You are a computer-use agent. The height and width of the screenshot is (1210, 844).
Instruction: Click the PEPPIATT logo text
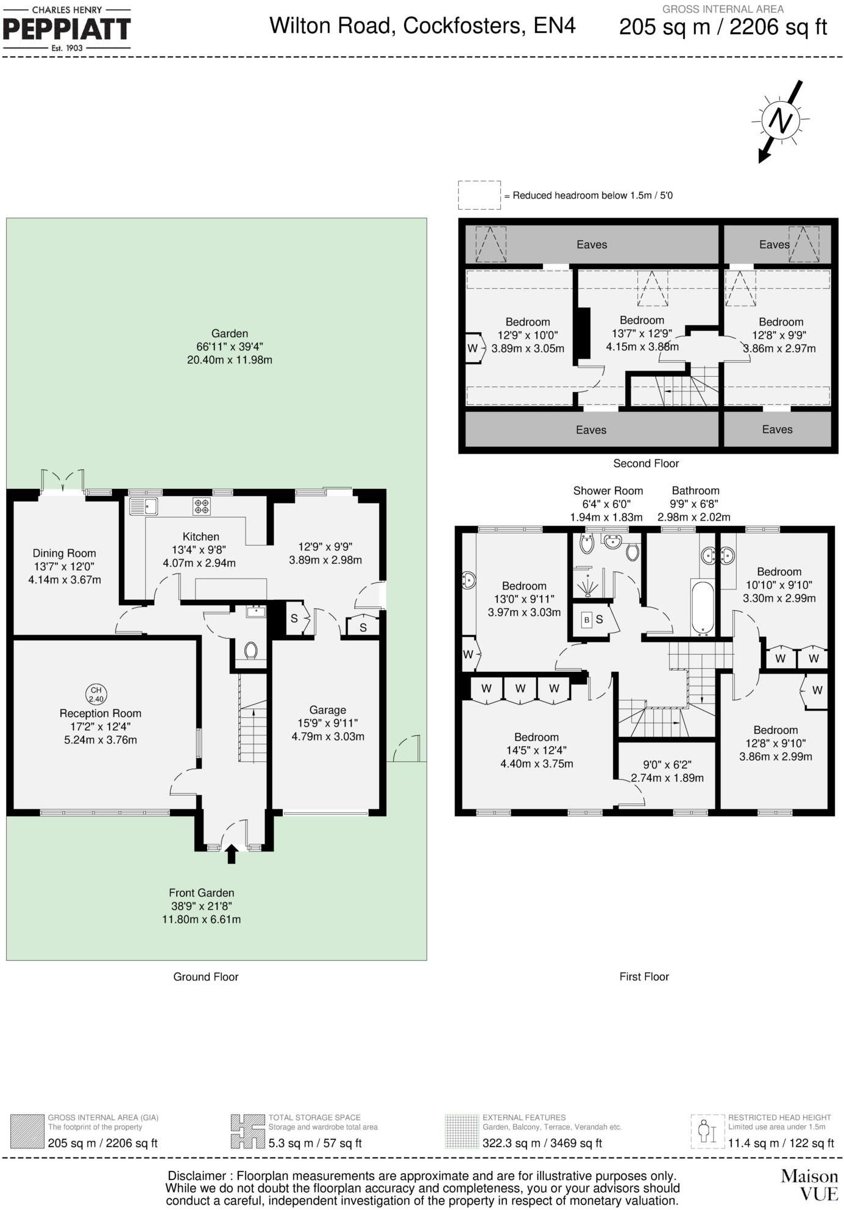click(x=66, y=29)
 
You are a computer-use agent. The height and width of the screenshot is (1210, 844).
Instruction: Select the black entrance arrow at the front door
click(x=231, y=853)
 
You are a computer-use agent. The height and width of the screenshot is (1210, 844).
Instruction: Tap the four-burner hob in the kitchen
click(x=202, y=507)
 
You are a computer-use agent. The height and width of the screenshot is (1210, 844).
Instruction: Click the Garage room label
click(x=327, y=710)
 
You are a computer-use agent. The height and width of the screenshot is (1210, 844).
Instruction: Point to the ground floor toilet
click(x=250, y=650)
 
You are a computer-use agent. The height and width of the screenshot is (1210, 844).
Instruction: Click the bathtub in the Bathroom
click(x=702, y=608)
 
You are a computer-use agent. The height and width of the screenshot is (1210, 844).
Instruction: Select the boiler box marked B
click(x=586, y=620)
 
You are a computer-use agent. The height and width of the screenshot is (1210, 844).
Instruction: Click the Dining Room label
click(x=64, y=553)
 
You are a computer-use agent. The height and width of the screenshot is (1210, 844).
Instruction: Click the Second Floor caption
click(x=645, y=463)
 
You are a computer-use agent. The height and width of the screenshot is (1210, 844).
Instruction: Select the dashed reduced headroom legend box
click(x=479, y=195)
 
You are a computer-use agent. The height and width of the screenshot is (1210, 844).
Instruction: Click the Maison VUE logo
click(x=809, y=1184)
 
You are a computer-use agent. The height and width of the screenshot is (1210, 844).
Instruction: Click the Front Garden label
click(x=201, y=893)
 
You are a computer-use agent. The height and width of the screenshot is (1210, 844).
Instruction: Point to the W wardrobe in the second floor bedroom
click(x=473, y=349)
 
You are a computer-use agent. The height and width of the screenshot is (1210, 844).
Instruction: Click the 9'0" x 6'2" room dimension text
click(x=667, y=764)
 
